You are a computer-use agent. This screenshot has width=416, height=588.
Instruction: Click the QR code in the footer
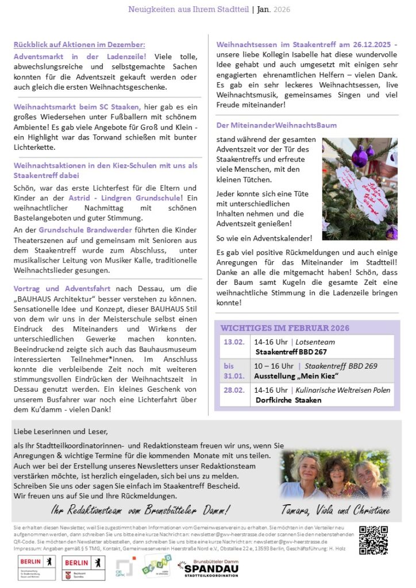[x=373, y=540]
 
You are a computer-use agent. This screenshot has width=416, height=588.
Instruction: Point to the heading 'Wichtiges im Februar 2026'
[x=285, y=328]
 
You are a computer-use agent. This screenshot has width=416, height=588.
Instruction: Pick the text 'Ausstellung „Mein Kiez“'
[x=296, y=376]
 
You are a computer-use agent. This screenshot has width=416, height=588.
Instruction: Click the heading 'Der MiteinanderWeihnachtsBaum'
[x=276, y=125]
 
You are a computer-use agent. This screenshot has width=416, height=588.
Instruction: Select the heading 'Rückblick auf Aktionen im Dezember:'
[x=79, y=45]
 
